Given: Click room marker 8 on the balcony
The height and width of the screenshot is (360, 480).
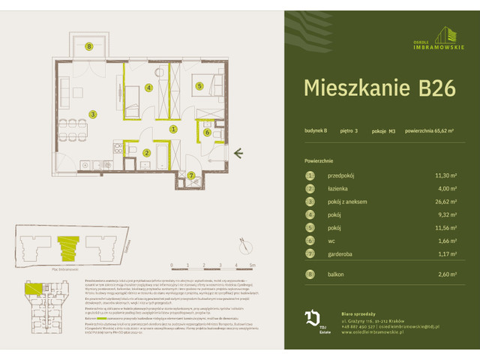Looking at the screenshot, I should pyautogui.click(x=88, y=46).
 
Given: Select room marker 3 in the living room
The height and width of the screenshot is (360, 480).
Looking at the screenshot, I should pyautogui.click(x=93, y=114).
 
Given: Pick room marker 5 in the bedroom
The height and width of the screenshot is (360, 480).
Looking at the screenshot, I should pyautogui.click(x=199, y=86).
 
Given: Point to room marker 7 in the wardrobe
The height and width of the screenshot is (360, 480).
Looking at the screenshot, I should pyautogui.click(x=192, y=176).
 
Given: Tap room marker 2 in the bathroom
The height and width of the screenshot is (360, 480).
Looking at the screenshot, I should pyautogui.click(x=147, y=153).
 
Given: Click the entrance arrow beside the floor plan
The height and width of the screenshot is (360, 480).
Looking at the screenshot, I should pyautogui.click(x=238, y=154).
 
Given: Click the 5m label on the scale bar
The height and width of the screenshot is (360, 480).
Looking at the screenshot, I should pyautogui.click(x=253, y=265).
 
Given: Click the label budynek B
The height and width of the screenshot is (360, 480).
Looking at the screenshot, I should pyautogui.click(x=316, y=132).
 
